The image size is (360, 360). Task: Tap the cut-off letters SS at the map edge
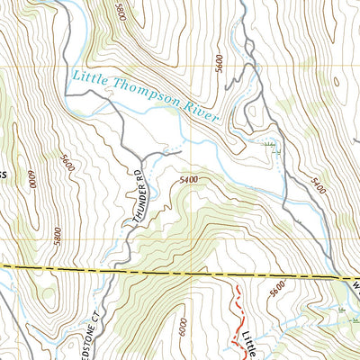(x=4, y=175)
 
